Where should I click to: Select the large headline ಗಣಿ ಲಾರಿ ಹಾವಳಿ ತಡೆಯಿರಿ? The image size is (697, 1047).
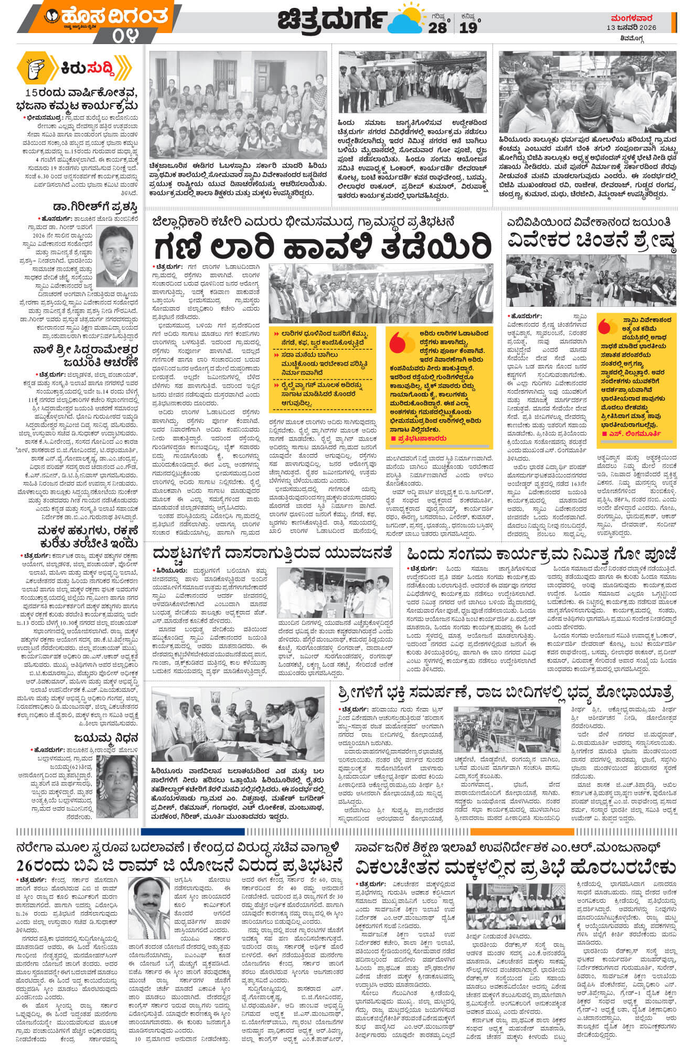click(x=323, y=245)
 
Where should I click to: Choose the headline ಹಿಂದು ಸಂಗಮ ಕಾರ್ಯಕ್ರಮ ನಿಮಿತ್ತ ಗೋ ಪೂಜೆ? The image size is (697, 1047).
click(x=541, y=554)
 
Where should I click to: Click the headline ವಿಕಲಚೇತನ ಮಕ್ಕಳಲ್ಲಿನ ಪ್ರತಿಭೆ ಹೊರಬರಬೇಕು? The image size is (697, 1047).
click(x=516, y=866)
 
